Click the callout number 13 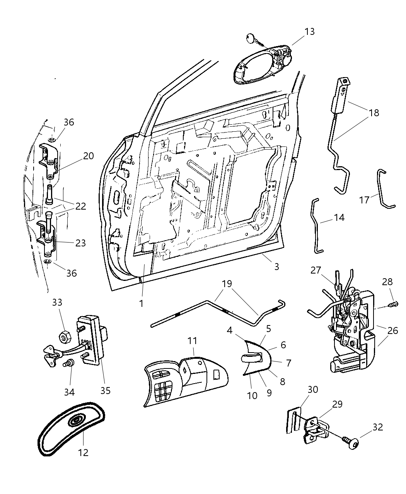pyautogui.click(x=309, y=31)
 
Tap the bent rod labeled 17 pyautogui.click(x=384, y=190)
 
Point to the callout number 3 pyautogui.click(x=276, y=267)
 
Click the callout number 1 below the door pyautogui.click(x=141, y=303)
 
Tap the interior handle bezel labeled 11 pyautogui.click(x=186, y=380)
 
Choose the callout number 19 pyautogui.click(x=227, y=284)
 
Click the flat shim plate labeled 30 pyautogui.click(x=293, y=419)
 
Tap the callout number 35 pyautogui.click(x=105, y=390)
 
